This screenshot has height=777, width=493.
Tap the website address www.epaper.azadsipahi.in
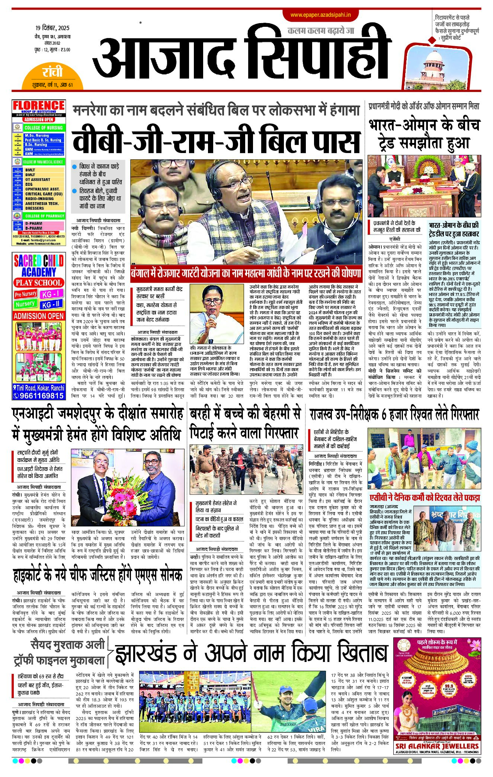[x=320, y=15]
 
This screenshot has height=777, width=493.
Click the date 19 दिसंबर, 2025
[x=52, y=28]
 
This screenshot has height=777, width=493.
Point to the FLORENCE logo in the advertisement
[x=39, y=106]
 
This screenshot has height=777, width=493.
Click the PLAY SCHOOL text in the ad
[x=39, y=283]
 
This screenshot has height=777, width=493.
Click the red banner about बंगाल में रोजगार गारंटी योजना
[x=246, y=273]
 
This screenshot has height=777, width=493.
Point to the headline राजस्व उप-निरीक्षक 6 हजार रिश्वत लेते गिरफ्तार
[x=394, y=414]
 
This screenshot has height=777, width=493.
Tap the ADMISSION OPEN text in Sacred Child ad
[x=39, y=316]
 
